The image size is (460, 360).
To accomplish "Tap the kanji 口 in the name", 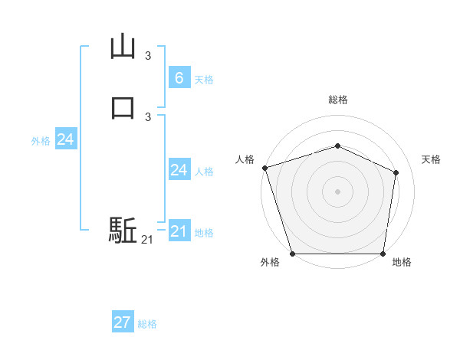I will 123,106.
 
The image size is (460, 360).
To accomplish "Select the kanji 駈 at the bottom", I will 123,230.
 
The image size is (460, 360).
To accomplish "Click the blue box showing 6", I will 179,77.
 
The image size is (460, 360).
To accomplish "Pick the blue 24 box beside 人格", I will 179,170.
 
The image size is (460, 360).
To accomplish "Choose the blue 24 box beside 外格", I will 65,139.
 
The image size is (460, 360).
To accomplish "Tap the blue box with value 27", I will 123,322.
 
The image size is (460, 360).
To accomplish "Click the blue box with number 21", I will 179,231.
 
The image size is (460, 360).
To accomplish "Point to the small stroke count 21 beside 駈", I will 147,240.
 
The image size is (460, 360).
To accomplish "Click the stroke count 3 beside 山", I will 148,56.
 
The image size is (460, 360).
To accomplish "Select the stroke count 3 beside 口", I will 148,116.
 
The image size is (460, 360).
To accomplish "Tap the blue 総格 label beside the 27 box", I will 147,324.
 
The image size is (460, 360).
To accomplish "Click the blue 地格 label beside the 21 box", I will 204,233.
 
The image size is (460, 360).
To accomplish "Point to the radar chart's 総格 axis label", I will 337,100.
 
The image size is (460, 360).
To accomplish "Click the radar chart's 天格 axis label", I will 432,159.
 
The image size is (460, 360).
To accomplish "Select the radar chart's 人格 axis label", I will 245,159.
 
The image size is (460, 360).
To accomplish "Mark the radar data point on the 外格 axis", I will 292,254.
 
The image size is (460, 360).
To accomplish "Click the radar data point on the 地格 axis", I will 383,254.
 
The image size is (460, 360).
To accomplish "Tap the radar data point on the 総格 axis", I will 337,146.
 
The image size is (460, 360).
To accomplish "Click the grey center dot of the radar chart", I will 337,191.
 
